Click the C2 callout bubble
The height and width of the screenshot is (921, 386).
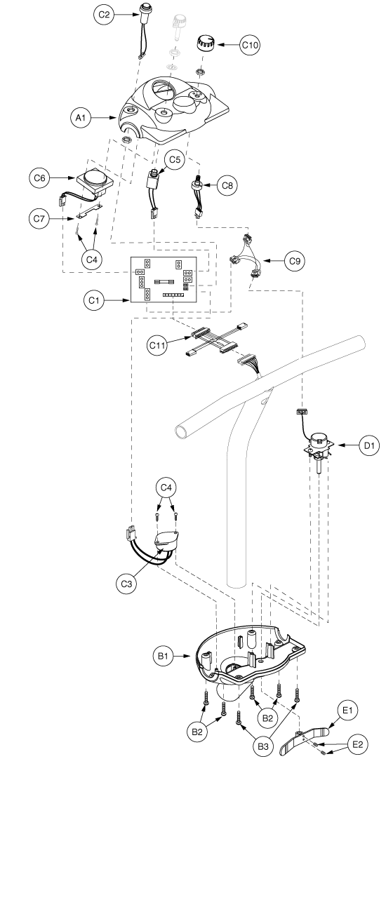104,15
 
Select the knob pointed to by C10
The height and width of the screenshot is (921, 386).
204,43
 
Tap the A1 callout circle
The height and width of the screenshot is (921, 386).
81,118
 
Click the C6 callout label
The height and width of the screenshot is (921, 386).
39,178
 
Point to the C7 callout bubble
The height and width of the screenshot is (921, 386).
39,218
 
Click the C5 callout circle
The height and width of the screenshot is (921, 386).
175,159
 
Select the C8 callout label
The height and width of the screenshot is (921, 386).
227,185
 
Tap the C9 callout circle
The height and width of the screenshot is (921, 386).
295,261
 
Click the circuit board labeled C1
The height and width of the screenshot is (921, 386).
164,280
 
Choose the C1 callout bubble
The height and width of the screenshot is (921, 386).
94,300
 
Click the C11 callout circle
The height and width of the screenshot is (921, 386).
157,345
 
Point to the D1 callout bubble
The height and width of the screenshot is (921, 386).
369,445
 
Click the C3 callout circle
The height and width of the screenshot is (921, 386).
126,584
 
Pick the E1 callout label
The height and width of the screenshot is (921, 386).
347,710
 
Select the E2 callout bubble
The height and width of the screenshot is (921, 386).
358,744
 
